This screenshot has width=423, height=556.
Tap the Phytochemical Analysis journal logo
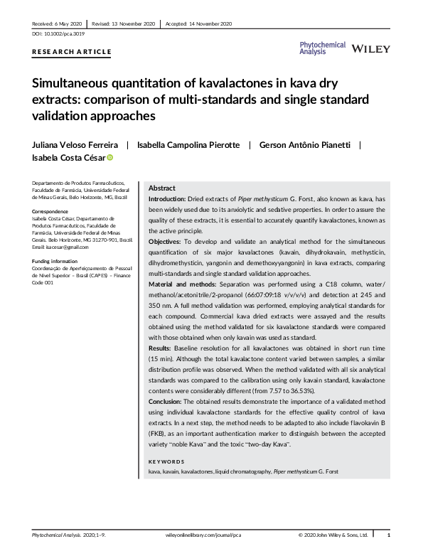[x=323, y=48]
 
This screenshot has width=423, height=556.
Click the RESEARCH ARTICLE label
[x=72, y=52]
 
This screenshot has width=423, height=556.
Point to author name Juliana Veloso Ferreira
[x=75, y=145]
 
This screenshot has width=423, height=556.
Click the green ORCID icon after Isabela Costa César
[x=110, y=159]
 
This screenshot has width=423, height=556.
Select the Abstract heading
[x=162, y=188]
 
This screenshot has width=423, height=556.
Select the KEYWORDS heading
[x=168, y=461]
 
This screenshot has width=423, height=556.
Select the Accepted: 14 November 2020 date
[x=198, y=23]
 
